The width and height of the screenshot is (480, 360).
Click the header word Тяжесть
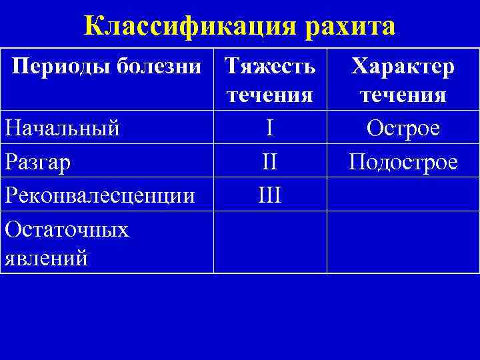point(270,66)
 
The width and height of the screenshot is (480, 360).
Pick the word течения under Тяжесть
point(270,95)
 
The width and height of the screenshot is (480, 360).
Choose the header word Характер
point(403,66)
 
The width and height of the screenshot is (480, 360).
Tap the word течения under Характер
point(403,95)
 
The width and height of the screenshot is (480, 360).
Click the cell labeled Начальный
point(62,127)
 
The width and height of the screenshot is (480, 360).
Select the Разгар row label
point(37,162)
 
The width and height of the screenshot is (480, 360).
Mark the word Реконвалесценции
point(99,195)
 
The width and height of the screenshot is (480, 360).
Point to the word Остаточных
point(67,230)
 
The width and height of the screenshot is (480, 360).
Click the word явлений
point(46,257)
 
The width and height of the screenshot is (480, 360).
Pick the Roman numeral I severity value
point(269,127)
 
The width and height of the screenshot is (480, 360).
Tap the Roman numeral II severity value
point(269,162)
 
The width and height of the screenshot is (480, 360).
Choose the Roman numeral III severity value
point(269,195)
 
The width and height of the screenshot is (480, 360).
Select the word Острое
point(403,127)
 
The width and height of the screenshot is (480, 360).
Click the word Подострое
point(403,162)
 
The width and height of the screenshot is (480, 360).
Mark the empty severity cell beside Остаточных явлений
point(270,242)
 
